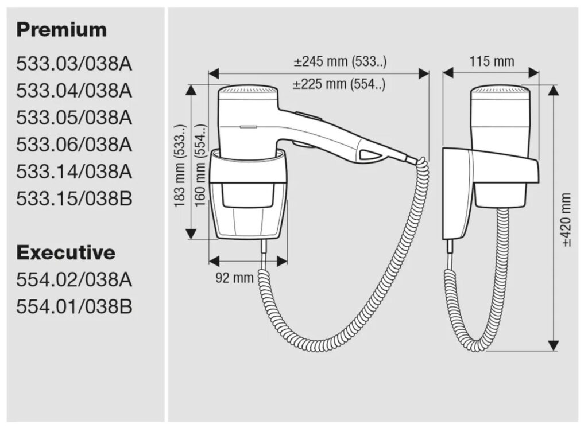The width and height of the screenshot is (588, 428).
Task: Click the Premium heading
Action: point(61,30)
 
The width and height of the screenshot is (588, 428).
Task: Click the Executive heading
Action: point(65,252)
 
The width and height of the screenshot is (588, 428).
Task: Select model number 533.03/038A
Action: point(74,64)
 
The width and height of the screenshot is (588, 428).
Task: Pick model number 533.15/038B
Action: point(74,199)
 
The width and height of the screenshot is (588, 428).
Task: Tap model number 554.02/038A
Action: point(74,279)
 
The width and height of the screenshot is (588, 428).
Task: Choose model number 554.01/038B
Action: point(74,306)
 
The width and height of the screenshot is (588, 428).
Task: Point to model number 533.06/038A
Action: point(74,145)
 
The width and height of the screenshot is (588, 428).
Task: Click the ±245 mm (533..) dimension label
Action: point(340,61)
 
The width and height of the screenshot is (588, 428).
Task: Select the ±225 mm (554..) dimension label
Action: point(339,84)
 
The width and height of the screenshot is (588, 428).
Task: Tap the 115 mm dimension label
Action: point(492,61)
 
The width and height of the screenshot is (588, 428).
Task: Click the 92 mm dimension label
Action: point(234,278)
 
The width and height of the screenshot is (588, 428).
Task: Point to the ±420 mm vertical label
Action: point(567,220)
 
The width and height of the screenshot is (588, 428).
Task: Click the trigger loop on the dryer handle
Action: point(370,154)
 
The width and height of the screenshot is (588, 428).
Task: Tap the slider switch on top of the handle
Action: point(308,115)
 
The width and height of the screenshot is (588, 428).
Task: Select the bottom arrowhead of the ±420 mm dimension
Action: point(554,345)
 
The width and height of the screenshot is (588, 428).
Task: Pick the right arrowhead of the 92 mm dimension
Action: point(282,261)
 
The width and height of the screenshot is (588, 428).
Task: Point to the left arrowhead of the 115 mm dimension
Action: point(448,73)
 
